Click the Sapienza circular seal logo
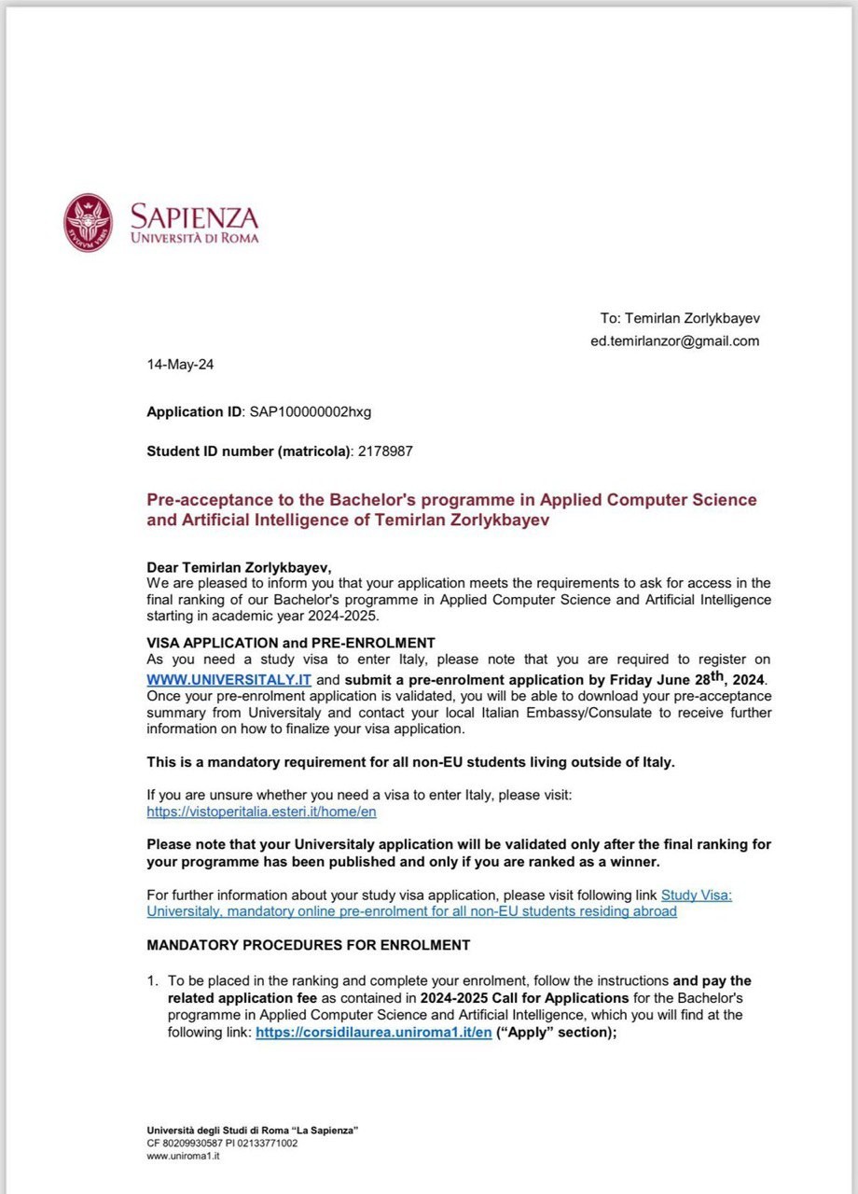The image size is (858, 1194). (x=88, y=222)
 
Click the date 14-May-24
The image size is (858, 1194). (x=179, y=364)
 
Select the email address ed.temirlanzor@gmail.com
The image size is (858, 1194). (x=674, y=340)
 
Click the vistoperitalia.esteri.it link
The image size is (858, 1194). (x=261, y=812)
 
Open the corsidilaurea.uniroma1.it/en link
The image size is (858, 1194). (x=373, y=1033)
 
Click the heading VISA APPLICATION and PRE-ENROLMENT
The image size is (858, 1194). (x=291, y=642)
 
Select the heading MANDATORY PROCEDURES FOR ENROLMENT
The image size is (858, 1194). (x=308, y=945)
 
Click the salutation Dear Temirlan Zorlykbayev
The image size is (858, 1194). (x=239, y=567)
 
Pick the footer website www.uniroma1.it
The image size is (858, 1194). (x=183, y=1156)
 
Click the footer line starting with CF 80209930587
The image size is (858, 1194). (x=222, y=1143)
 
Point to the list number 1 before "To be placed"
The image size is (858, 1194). (x=152, y=980)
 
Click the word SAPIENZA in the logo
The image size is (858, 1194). (x=193, y=217)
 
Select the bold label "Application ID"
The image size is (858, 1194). (x=194, y=410)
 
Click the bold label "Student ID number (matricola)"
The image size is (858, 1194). (x=249, y=451)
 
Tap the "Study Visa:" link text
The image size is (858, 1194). (x=697, y=895)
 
